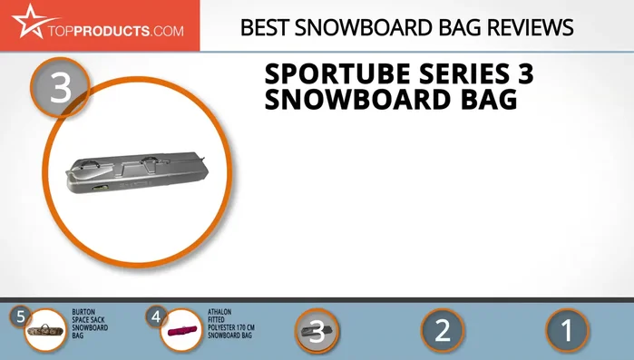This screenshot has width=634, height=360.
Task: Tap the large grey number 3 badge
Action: point(60,90)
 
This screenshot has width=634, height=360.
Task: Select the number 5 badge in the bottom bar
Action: point(21,317)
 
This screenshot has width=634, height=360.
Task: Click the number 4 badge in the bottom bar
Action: point(156,317)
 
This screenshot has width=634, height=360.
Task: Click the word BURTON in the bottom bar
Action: point(83,312)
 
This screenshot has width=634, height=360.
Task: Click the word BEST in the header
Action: point(264,27)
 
